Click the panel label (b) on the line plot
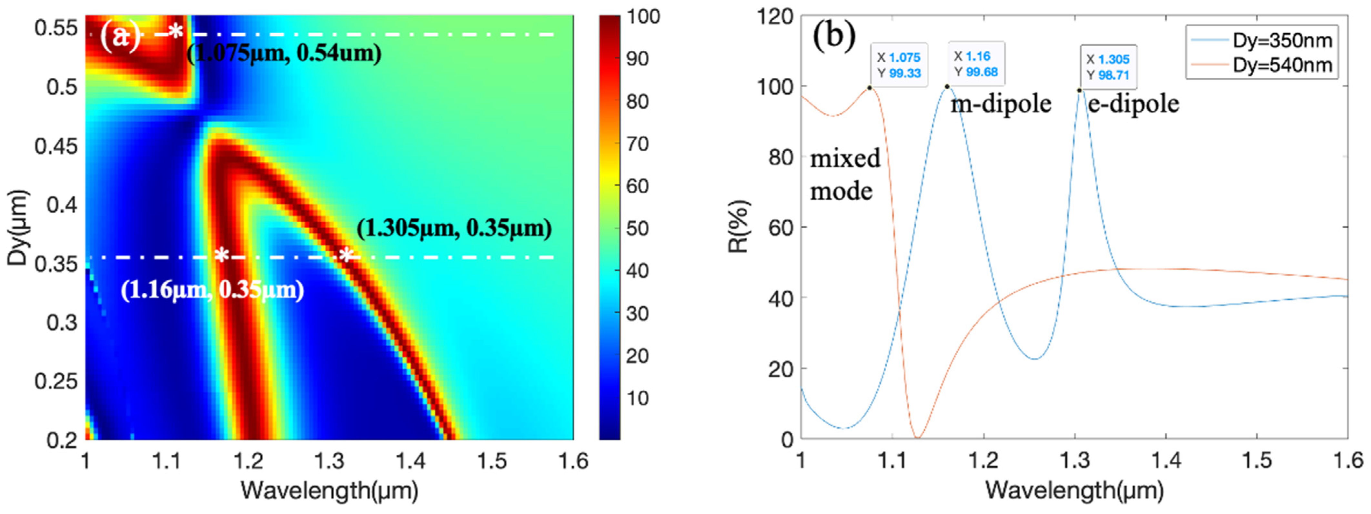point(834,36)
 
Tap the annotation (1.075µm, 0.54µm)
point(284,54)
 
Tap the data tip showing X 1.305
point(1108,66)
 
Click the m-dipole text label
point(1001,104)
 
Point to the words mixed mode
point(845,175)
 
